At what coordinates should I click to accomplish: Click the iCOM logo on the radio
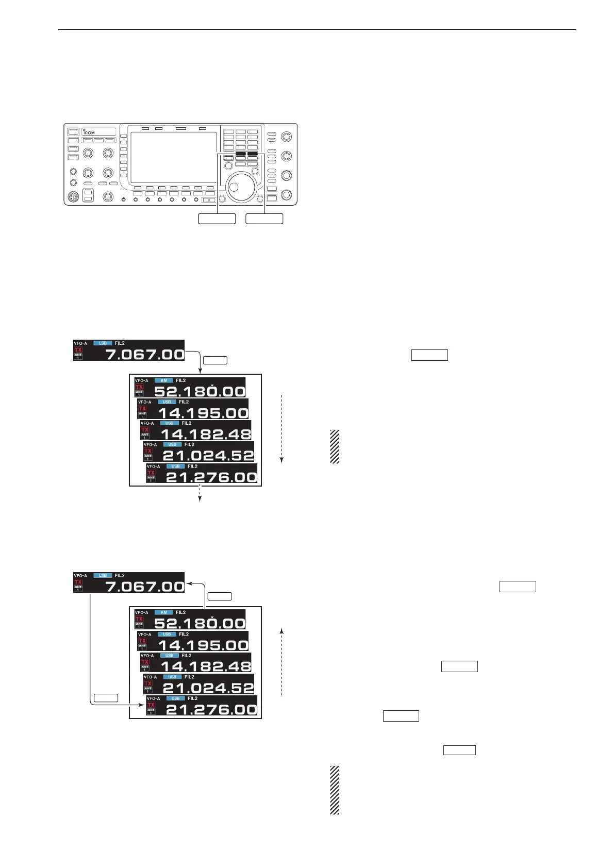coord(88,132)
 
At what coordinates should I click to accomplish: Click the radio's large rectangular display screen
coord(174,157)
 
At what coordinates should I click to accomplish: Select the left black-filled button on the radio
coord(240,154)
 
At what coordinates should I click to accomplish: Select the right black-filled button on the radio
coord(252,154)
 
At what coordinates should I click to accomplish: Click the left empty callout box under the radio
coord(217,219)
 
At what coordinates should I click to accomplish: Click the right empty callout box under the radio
coord(264,219)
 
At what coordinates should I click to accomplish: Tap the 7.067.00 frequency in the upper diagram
coord(144,354)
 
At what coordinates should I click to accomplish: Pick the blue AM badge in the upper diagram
coord(163,380)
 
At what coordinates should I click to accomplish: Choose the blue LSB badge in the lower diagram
coord(103,575)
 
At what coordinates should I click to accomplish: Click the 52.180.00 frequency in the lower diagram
coord(200,623)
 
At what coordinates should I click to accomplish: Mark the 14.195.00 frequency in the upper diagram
coord(203,413)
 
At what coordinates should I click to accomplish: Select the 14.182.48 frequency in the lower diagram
coord(206,666)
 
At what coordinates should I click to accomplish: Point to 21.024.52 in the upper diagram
coord(208,456)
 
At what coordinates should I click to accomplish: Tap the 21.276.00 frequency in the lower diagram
coord(211,709)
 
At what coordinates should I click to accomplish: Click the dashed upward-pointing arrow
coord(282,662)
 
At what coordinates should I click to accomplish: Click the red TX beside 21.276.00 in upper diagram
coord(151,473)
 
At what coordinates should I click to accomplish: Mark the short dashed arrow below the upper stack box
coord(200,494)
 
